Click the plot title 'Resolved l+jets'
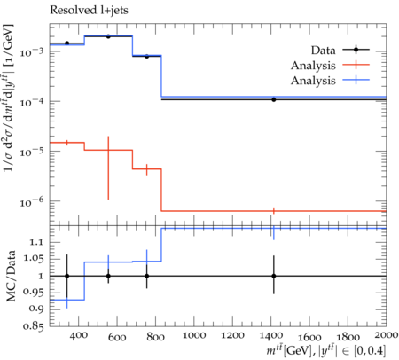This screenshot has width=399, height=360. (x=89, y=10)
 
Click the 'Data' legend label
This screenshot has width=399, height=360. (x=323, y=51)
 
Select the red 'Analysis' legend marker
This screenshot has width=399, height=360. (x=356, y=65)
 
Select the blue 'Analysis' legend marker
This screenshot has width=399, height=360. (x=356, y=80)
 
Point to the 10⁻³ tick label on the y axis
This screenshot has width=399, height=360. (x=31, y=51)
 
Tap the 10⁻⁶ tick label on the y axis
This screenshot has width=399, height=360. (x=31, y=201)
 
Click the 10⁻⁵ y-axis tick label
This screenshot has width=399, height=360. (x=31, y=152)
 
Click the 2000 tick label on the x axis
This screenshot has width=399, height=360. (x=385, y=335)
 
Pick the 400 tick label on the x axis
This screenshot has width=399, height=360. (x=79, y=335)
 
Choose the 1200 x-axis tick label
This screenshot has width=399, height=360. (x=232, y=335)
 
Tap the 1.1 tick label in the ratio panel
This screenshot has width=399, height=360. (x=36, y=242)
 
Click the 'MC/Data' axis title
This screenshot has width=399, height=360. (x=11, y=276)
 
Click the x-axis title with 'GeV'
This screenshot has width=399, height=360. (x=326, y=350)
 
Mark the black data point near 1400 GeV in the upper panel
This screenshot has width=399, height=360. (x=274, y=99)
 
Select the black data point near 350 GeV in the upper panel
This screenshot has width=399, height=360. (x=67, y=43)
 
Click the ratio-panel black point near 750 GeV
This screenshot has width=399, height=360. (x=146, y=276)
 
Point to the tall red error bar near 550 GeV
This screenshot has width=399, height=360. (x=108, y=168)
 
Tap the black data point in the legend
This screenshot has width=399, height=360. (x=356, y=50)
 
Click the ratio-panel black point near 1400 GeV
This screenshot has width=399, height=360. (x=274, y=276)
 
